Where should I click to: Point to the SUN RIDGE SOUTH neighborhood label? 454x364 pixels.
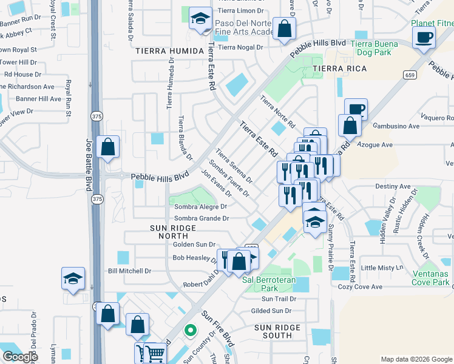[x=277, y=331]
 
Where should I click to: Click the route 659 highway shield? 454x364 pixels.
[x=411, y=74]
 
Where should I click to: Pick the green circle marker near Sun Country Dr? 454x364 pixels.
[x=191, y=331]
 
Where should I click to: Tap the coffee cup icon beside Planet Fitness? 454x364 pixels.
[x=424, y=37]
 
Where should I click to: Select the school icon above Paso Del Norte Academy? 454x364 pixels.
[x=199, y=19]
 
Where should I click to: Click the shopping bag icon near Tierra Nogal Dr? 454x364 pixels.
[x=283, y=29]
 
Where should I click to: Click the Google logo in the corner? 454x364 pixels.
[x=20, y=357]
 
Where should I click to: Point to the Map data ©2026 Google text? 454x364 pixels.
[x=416, y=359]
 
